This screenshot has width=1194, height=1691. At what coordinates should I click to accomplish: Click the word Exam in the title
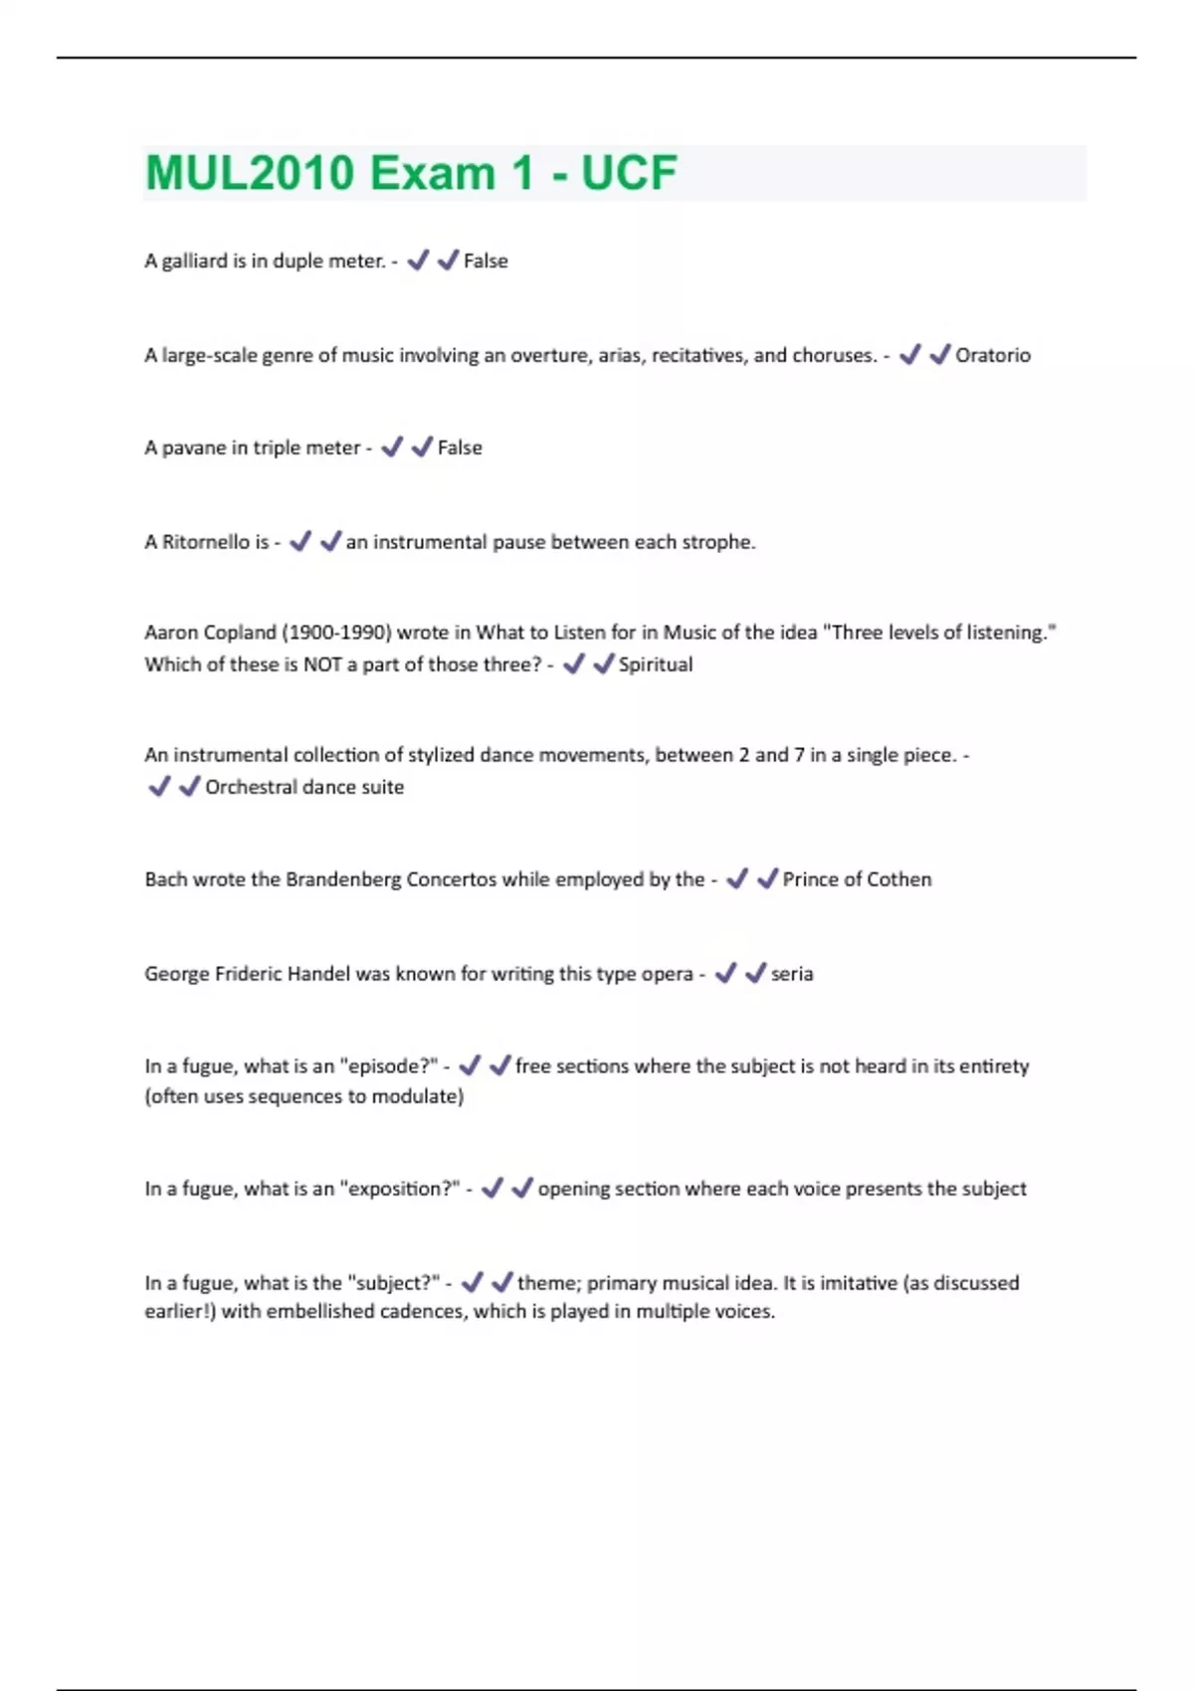pyautogui.click(x=432, y=173)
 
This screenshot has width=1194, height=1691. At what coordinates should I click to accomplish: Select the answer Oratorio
pyautogui.click(x=992, y=355)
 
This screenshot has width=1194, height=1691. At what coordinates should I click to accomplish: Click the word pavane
pyautogui.click(x=194, y=448)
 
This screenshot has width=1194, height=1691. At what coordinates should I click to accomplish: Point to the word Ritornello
pyautogui.click(x=206, y=542)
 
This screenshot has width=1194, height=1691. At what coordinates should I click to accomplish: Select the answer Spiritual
pyautogui.click(x=655, y=664)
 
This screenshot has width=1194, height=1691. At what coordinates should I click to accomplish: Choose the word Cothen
pyautogui.click(x=898, y=879)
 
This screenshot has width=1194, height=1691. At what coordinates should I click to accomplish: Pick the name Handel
pyautogui.click(x=318, y=974)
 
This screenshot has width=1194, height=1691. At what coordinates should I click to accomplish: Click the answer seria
pyautogui.click(x=792, y=974)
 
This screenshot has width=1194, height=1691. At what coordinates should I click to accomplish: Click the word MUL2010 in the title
pyautogui.click(x=250, y=173)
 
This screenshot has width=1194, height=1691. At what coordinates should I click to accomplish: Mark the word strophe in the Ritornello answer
pyautogui.click(x=717, y=542)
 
